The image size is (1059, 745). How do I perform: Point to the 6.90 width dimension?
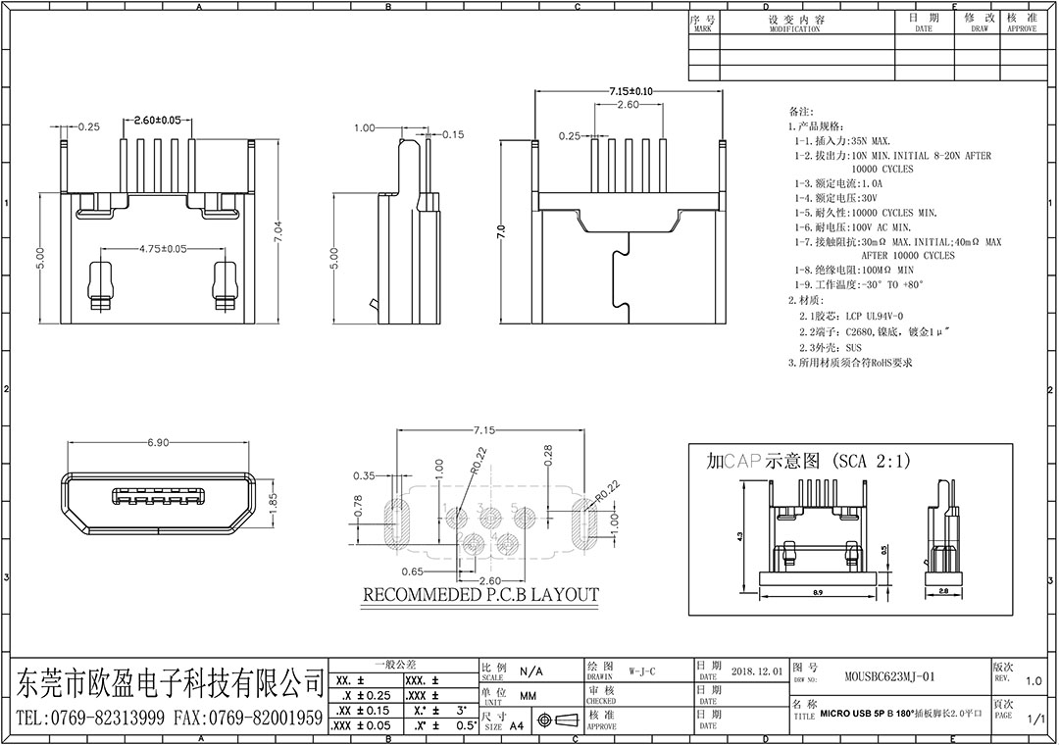coord(158,443)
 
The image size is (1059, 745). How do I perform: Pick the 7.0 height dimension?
coord(502,232)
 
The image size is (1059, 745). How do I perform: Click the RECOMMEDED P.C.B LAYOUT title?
coord(480,595)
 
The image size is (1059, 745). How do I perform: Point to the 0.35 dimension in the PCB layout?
coord(365,475)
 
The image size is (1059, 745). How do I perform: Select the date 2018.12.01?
coord(756,671)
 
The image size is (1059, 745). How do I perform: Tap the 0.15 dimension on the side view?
coord(453,134)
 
